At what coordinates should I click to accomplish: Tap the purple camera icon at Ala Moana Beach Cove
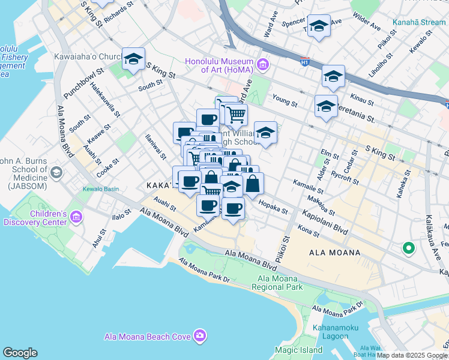[199, 337]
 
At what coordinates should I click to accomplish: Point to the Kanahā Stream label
[419, 23]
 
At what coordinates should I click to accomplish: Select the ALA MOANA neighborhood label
[335, 253]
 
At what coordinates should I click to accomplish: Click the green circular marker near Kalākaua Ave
[408, 247]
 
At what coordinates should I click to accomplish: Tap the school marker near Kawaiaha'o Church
[133, 59]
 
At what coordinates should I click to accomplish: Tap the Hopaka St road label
[274, 208]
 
